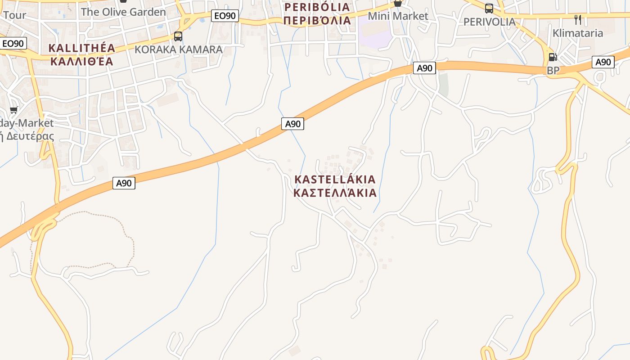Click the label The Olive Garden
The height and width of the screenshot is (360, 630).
(x=123, y=12)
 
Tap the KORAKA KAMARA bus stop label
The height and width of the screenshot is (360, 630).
(x=179, y=49)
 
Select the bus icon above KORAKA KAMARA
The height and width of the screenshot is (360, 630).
(x=178, y=36)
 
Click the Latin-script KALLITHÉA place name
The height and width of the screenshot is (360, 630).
(x=82, y=48)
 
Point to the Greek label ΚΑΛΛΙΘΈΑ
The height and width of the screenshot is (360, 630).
(x=82, y=61)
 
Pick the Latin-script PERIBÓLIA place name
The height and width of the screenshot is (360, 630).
(x=317, y=7)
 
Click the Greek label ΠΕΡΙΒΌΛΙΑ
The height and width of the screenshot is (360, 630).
(x=317, y=20)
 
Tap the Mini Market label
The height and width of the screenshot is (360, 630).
(x=398, y=16)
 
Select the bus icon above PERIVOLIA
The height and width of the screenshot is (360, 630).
(x=489, y=8)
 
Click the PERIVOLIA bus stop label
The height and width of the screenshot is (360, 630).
(x=489, y=22)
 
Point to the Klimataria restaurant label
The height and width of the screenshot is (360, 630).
(x=577, y=33)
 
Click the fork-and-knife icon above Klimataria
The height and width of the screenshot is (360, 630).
(x=578, y=20)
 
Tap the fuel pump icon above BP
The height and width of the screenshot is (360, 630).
(x=553, y=57)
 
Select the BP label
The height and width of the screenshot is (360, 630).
(x=553, y=71)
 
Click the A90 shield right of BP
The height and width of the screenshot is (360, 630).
(x=603, y=62)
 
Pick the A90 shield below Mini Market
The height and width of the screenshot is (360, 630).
(x=424, y=68)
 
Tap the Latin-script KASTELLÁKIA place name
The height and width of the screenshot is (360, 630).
(x=335, y=180)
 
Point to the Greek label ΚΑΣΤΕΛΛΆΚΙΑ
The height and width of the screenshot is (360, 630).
(x=335, y=193)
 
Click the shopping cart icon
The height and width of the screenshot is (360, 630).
(x=14, y=110)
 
